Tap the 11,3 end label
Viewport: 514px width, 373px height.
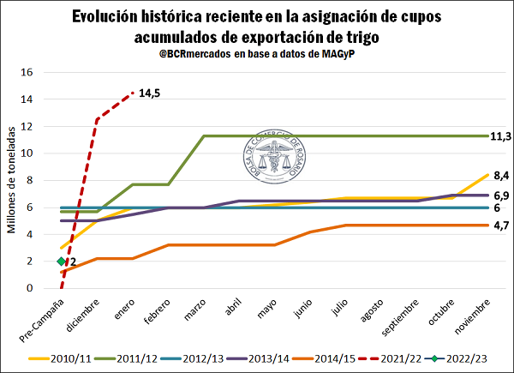coord(500,136)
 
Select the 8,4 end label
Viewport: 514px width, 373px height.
coord(500,175)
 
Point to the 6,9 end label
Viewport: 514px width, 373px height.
coord(500,196)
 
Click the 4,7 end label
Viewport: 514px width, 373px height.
coord(500,226)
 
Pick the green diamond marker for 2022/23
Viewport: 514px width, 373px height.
coord(61,262)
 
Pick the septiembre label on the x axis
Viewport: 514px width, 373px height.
coord(405,319)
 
